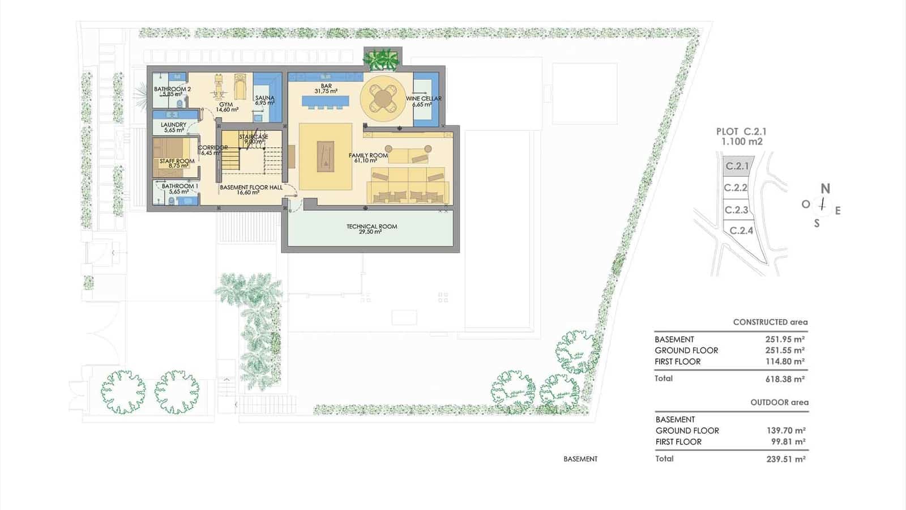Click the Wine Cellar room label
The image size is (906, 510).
423,99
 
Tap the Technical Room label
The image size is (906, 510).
371,227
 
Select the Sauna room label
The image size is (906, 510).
264,98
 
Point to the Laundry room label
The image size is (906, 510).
173,125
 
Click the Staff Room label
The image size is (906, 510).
177,161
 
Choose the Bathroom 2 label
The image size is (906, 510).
172,89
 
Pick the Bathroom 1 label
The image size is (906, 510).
180,186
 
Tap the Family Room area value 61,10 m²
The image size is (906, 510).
366,161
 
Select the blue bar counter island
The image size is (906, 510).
326,102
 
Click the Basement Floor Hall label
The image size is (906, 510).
251,187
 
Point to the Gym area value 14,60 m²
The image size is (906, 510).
226,110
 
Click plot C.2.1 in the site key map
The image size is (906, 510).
737,166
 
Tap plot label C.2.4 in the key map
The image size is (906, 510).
741,231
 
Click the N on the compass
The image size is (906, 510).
826,189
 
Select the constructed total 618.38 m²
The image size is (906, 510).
785,379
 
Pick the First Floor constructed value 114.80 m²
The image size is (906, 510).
785,362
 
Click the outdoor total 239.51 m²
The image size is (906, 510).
786,459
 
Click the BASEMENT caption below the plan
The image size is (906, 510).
580,459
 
